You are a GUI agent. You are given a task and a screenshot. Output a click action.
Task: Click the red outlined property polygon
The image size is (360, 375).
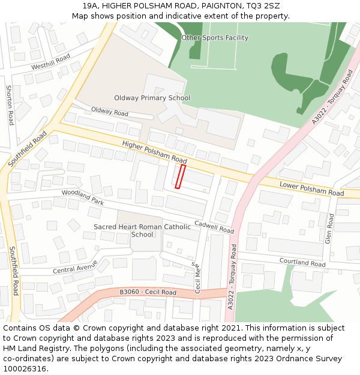(x=179, y=177)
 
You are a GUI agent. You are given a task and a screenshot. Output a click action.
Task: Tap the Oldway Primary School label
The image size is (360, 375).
(x=152, y=98)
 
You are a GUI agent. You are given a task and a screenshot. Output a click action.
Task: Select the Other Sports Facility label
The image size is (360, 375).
(x=215, y=38)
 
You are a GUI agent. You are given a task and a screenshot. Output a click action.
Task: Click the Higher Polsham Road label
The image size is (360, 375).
(x=154, y=152)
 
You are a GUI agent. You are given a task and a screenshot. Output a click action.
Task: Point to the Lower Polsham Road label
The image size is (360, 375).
(x=311, y=189)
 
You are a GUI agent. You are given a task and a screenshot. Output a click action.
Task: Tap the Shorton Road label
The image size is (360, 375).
(x=10, y=105)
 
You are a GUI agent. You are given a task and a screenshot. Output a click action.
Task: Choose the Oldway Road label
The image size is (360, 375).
(x=110, y=112)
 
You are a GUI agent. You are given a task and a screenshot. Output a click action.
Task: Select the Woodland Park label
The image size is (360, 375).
(x=83, y=198)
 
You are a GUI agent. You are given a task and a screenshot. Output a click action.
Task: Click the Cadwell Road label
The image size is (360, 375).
(x=214, y=226)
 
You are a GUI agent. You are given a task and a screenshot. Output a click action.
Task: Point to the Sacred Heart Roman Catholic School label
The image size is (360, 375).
(x=142, y=230)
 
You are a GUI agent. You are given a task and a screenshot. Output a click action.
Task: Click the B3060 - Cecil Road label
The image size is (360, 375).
(x=148, y=292)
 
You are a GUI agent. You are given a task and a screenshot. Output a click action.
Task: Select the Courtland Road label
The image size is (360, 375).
(x=302, y=262)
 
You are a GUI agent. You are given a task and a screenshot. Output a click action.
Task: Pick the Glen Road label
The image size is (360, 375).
(x=329, y=229)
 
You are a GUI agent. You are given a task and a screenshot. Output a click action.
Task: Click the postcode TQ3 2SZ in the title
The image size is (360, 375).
(x=263, y=5)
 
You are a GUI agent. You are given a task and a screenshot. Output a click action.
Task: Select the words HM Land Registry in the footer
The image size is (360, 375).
(x=31, y=348)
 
